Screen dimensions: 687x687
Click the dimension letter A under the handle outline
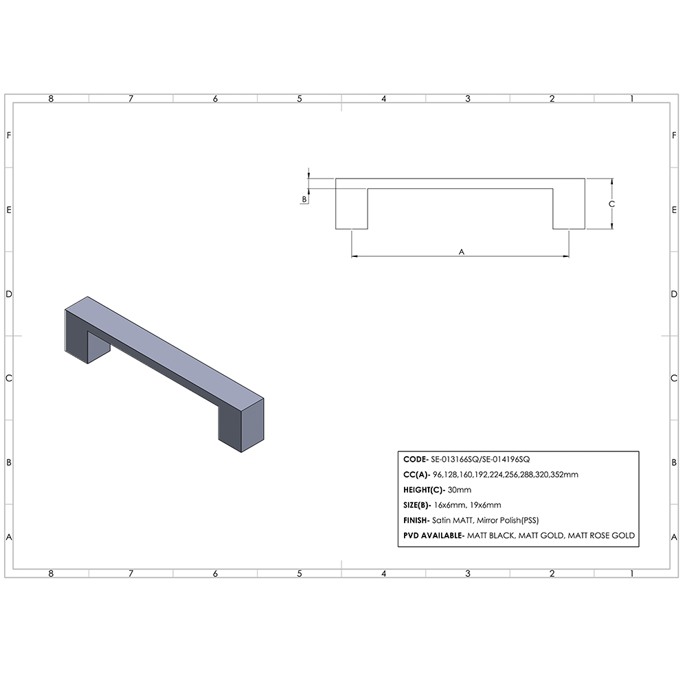462,252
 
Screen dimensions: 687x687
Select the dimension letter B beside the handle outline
304,199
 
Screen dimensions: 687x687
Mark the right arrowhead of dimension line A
565,257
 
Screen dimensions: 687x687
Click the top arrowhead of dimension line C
611,182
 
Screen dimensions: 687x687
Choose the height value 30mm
460,490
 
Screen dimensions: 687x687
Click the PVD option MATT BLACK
490,535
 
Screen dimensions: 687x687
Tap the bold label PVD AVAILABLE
431,535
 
